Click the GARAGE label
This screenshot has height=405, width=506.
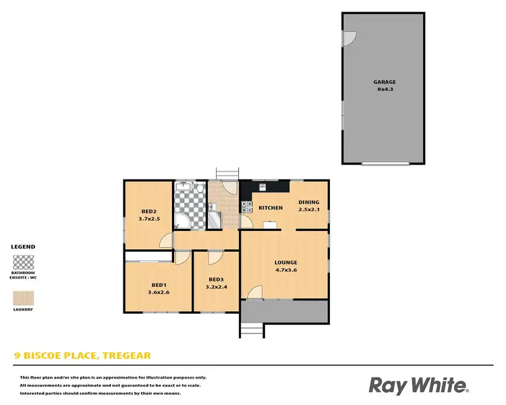[x=385, y=82]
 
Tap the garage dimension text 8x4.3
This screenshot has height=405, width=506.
[x=385, y=89]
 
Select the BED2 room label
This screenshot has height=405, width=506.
[x=149, y=210]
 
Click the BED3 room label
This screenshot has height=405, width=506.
[x=216, y=279]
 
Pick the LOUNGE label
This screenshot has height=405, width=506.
[x=285, y=263]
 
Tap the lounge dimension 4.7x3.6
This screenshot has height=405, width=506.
[x=285, y=270]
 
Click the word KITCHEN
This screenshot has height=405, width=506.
[x=271, y=208]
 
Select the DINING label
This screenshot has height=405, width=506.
[x=309, y=202]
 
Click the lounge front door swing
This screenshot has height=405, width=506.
[x=255, y=293]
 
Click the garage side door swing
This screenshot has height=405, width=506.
[x=349, y=39]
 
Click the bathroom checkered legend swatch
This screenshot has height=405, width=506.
[x=24, y=262]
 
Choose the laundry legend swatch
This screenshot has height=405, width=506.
[x=24, y=298]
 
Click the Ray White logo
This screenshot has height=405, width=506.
[x=418, y=385]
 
